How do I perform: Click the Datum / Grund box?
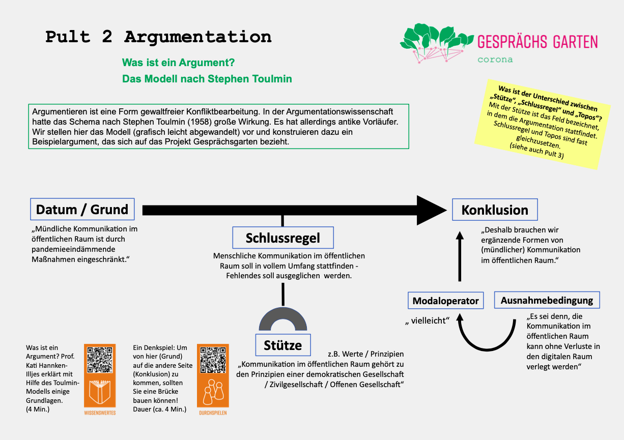tap(82, 209)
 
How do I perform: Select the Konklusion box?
tap(495, 210)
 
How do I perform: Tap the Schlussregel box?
tap(282, 238)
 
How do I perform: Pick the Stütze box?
tap(282, 345)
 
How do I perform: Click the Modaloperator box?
tap(445, 300)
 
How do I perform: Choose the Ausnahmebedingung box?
tap(547, 300)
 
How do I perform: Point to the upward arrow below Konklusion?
tap(460, 257)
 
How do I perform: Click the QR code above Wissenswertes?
tap(100, 360)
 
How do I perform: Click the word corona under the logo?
tap(495, 60)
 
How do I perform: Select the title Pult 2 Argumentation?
tap(158, 37)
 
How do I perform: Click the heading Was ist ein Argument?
tap(178, 63)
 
